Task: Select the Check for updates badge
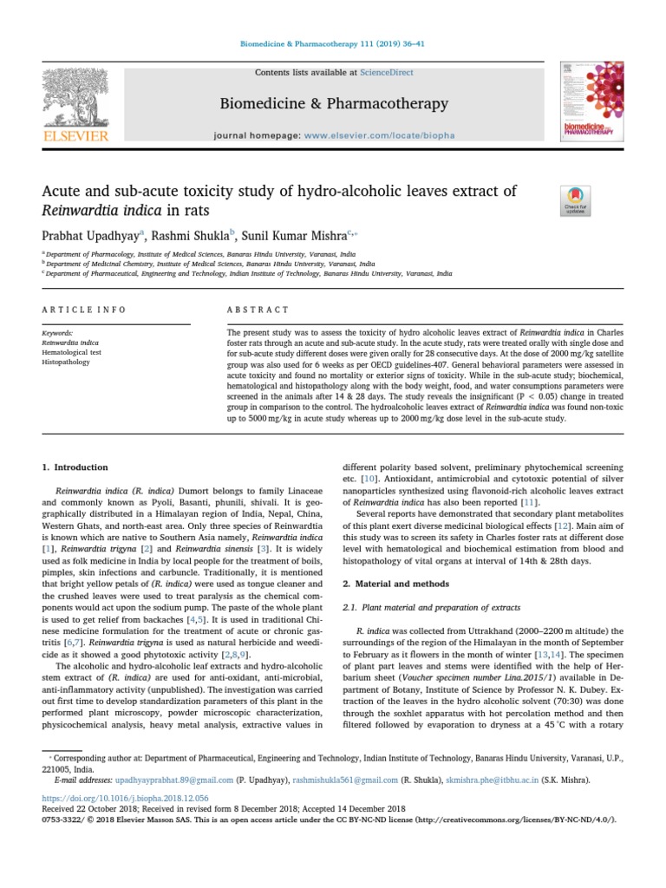pos(576,200)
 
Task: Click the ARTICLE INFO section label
pos(84,310)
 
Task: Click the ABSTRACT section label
pos(258,310)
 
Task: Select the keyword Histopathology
pos(67,361)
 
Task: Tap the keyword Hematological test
pos(72,351)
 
